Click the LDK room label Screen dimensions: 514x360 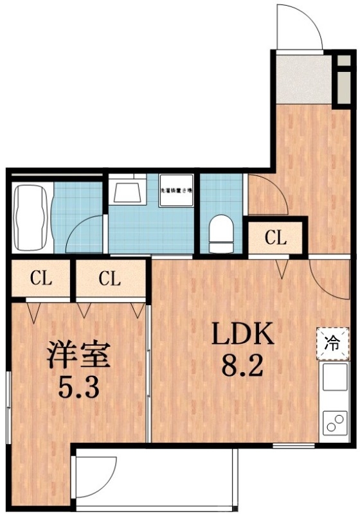[244, 333]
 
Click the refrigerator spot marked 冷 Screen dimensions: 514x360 [333, 341]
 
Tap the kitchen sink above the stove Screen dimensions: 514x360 [334, 377]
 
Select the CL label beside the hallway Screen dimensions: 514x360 [275, 238]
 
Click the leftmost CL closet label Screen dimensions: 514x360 [40, 279]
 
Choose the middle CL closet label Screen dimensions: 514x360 [109, 279]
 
